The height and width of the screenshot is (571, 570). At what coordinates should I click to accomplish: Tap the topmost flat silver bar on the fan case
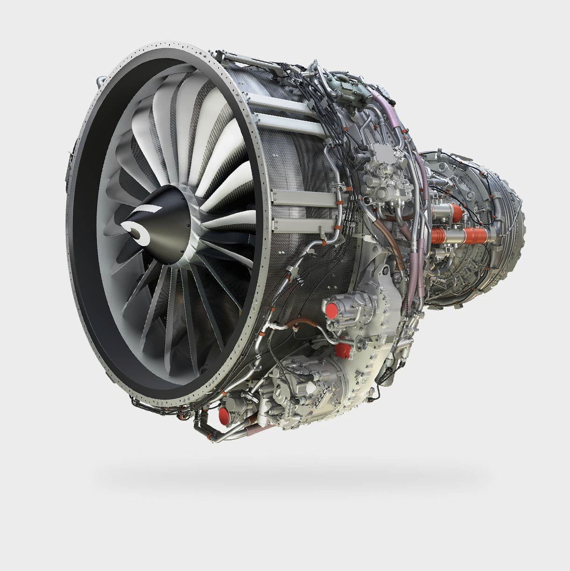[280, 100]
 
